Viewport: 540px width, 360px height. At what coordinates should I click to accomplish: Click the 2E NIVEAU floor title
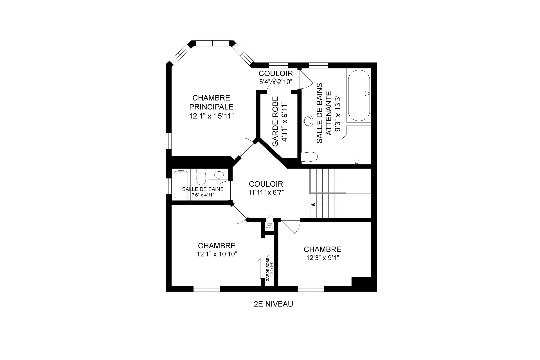tap(273, 304)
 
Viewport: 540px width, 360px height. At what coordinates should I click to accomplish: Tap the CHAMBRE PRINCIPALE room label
tap(211, 102)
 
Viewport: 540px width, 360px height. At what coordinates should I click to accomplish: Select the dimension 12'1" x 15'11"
tap(211, 116)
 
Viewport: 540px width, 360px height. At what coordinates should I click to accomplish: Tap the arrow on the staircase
tap(319, 205)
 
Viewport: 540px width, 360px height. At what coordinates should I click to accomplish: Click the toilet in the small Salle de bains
tap(201, 176)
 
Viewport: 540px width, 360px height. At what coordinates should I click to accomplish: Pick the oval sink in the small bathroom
tap(219, 175)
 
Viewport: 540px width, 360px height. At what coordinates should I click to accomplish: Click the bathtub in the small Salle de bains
tap(181, 184)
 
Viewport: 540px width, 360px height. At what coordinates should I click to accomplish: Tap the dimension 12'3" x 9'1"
tap(322, 258)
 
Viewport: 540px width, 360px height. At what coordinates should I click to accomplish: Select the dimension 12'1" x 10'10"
tap(217, 254)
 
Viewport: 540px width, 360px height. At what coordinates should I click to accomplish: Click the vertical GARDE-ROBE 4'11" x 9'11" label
tap(280, 122)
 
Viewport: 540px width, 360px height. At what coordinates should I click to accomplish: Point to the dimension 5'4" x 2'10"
tap(276, 82)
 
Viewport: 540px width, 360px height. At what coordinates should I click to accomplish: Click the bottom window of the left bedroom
tap(207, 289)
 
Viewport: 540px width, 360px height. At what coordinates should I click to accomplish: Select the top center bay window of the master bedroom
tap(212, 43)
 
